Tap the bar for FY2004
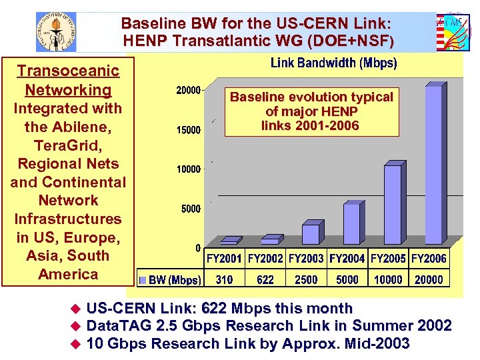(x=351, y=224)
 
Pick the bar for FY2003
(x=311, y=234)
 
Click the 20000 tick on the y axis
(x=188, y=91)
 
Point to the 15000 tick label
(x=188, y=130)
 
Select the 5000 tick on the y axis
(x=191, y=209)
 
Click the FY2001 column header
(x=225, y=258)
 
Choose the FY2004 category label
(x=347, y=258)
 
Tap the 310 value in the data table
(x=225, y=279)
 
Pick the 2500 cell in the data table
(x=306, y=279)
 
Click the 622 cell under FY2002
(x=265, y=279)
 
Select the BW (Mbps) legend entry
(x=169, y=280)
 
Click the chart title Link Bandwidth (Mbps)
(x=333, y=64)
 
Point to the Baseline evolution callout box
(x=311, y=111)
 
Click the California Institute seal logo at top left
(x=56, y=31)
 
